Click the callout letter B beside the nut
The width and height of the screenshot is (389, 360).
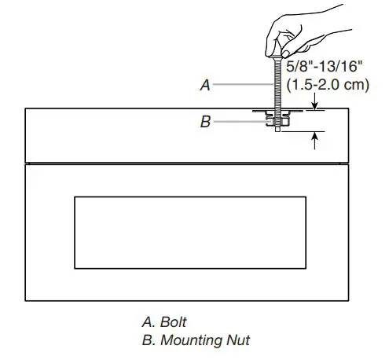pyautogui.click(x=205, y=123)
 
